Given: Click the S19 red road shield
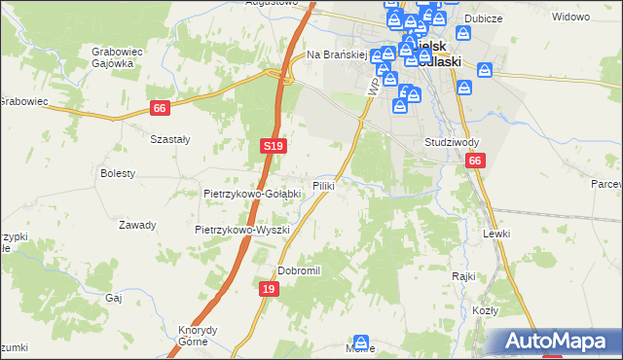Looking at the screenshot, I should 274,146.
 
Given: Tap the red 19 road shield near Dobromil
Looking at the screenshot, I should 270,289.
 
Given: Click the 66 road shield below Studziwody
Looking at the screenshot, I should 474,162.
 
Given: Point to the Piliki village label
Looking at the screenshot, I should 324,185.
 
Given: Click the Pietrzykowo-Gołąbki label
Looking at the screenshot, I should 252,194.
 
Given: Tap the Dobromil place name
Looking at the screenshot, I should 299,270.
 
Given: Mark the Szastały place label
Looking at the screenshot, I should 169,139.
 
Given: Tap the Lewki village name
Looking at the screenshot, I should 495,234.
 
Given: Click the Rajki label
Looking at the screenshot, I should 462,275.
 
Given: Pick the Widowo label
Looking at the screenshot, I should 571,18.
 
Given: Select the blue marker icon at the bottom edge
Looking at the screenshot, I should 361,343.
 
